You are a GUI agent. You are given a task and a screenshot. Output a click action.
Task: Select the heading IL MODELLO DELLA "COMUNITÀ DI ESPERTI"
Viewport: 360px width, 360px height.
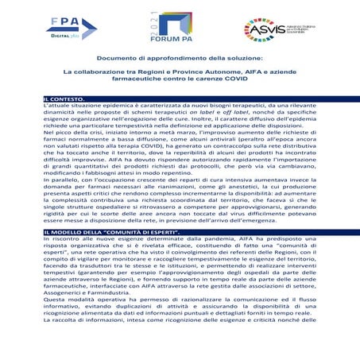[111, 230]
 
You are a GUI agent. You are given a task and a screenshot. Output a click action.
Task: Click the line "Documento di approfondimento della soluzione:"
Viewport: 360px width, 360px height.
[180, 59]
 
